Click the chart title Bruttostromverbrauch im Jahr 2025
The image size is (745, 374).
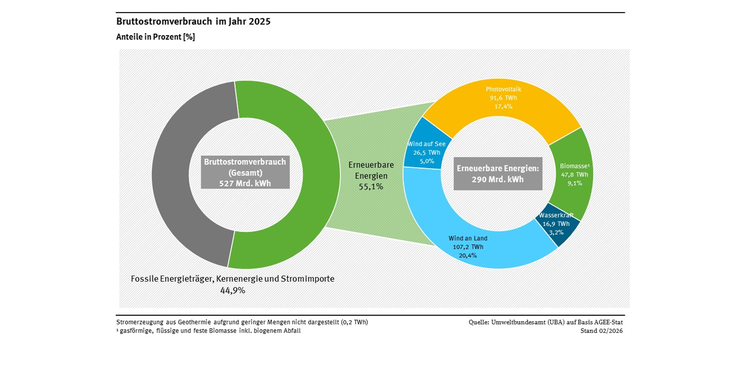pos(193,21)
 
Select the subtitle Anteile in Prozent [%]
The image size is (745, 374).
pos(155,37)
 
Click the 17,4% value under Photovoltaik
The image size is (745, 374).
pos(503,106)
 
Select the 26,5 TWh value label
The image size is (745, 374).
pos(426,152)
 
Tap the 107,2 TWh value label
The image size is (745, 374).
pos(468,247)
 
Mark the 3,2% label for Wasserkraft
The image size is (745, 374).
pos(556,232)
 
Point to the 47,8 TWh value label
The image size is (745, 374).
pos(574,174)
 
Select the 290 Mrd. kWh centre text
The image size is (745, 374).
pos(497,180)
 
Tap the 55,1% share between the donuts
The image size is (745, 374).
pos(371,187)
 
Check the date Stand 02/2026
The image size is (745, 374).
pos(601,331)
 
